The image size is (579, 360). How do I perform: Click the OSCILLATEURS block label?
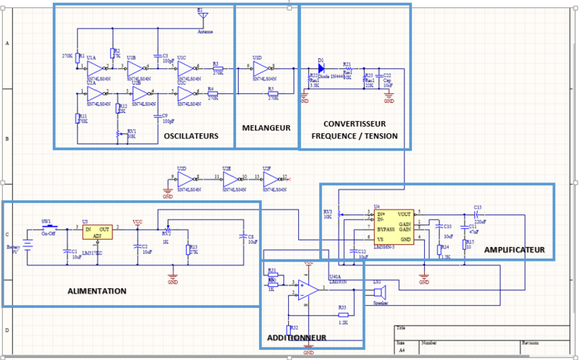[191, 136]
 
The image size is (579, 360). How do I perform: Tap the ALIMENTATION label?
[97, 291]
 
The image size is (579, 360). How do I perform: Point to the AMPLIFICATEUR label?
[513, 248]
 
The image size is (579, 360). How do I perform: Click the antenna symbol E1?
[202, 15]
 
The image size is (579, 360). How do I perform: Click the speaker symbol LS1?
[379, 293]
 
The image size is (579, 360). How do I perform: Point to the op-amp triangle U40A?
[310, 290]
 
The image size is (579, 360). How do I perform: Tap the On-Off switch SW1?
[48, 226]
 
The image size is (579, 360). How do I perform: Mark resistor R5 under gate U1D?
[271, 93]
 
